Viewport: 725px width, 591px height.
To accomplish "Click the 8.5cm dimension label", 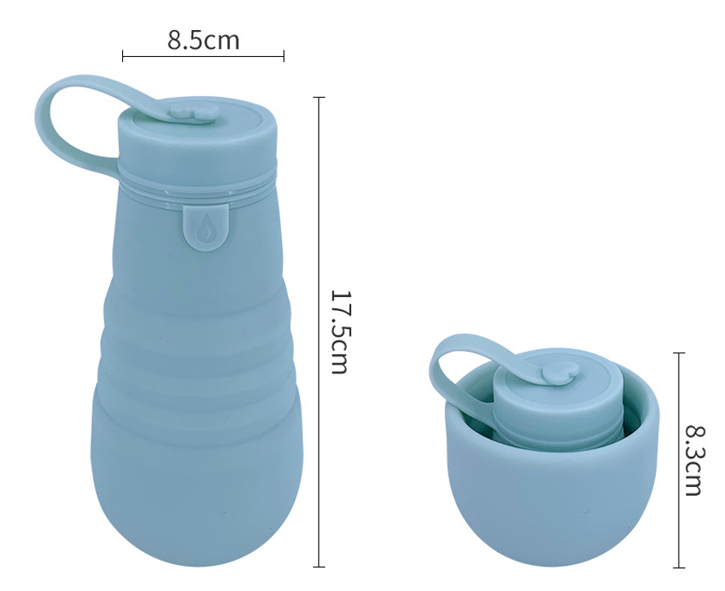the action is [x=204, y=40].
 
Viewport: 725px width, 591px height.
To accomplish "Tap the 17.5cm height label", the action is [x=341, y=332].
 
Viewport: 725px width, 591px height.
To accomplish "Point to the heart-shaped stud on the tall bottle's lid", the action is [x=194, y=112].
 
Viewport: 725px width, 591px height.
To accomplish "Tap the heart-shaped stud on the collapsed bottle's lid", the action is [x=560, y=373].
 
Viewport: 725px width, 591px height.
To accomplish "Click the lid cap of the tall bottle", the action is [x=196, y=138].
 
